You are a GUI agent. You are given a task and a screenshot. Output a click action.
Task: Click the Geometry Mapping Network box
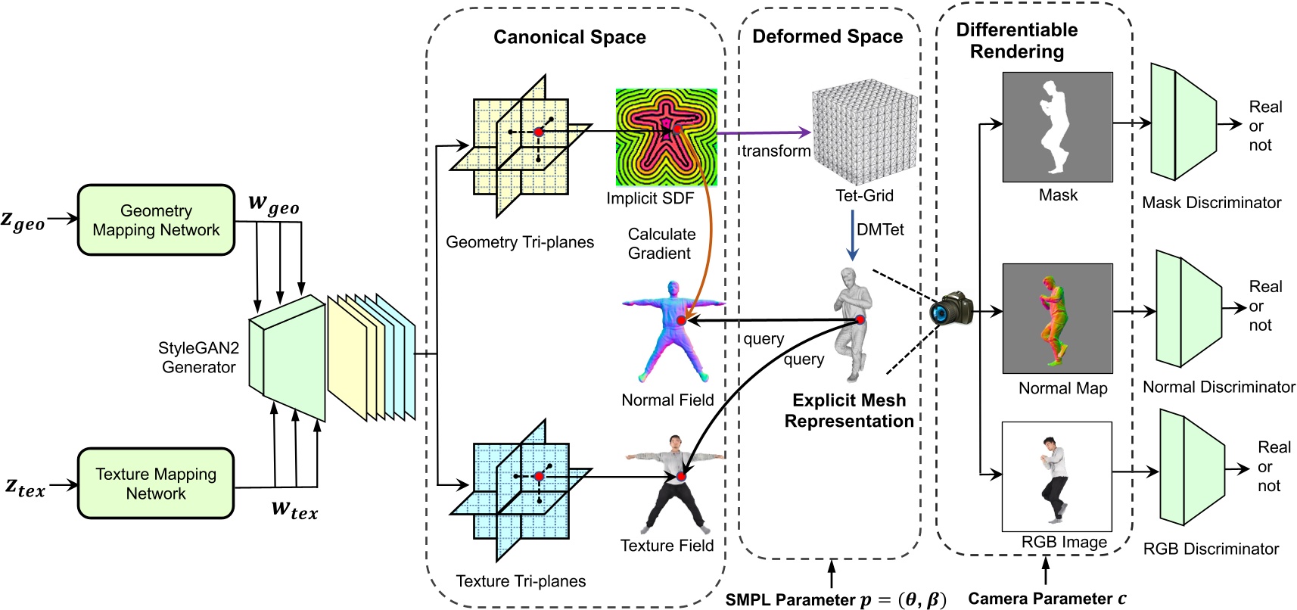point(156,220)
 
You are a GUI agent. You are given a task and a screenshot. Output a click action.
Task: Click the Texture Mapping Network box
point(156,484)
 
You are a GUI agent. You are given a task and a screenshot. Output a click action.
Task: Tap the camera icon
point(952,309)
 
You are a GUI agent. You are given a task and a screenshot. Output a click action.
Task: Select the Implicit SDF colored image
point(666,137)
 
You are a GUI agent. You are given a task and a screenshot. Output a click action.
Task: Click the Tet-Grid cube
point(865,132)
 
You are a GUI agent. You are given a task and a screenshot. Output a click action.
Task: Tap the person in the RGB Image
point(1053,477)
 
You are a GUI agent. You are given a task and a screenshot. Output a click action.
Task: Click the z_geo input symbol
point(23,221)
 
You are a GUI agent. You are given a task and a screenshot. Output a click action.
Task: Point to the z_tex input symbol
point(25,487)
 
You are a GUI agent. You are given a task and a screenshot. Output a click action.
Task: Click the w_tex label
point(294,509)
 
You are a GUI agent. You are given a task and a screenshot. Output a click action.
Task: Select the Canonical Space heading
point(569,37)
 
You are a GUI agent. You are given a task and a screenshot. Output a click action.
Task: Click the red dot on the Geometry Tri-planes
point(539,132)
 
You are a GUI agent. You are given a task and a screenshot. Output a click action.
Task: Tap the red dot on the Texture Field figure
point(681,476)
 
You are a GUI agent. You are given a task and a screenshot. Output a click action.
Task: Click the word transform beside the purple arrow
point(776,151)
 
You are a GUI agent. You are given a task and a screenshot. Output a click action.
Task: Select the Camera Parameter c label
point(1047,599)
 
